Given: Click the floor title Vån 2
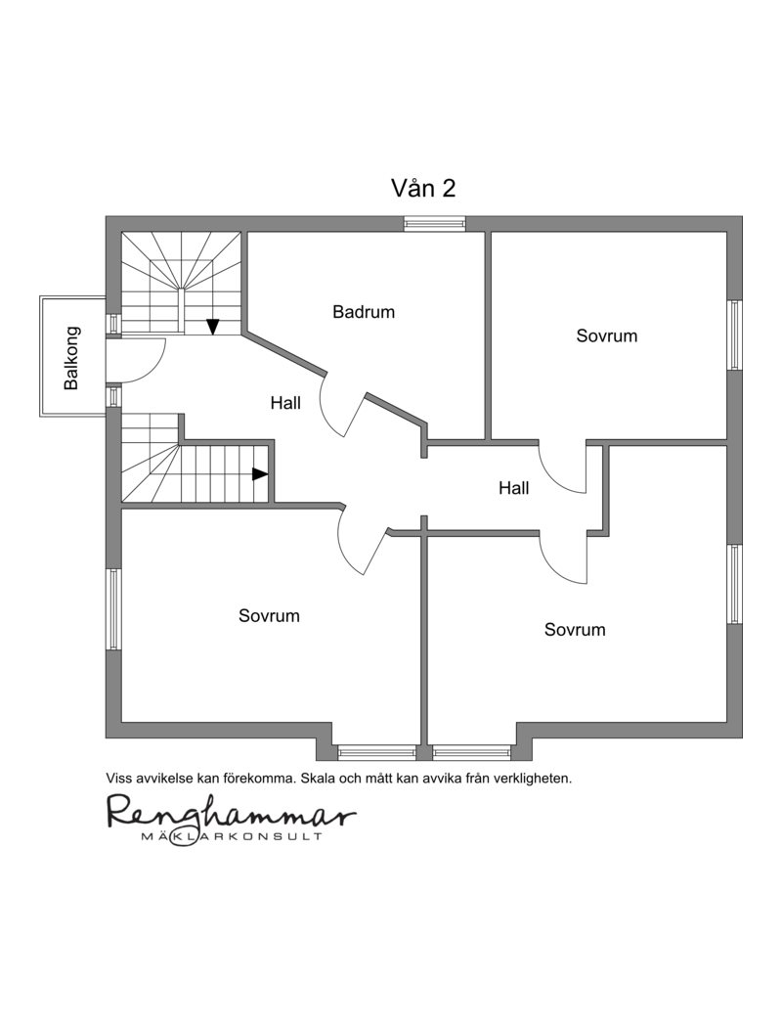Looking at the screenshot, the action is coord(423,189).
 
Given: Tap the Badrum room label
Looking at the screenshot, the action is coord(364,311).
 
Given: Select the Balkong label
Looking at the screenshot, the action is coord(71,358).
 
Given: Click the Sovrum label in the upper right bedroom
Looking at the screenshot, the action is coord(607,335).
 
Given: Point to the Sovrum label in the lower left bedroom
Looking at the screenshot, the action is coord(269,616).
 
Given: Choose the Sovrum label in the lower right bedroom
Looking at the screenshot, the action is coord(575,630).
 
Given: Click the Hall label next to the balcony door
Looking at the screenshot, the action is coord(285,402).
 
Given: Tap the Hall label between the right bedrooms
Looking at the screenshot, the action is coord(514,487).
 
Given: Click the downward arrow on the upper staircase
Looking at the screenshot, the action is coord(212,326).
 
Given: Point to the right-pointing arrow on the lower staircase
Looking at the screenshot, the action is coord(260,473).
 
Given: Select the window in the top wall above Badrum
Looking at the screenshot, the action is coord(435,224).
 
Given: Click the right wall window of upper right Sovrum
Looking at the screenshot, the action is coord(734,335).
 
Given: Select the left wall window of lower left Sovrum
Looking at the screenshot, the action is coord(113,608).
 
